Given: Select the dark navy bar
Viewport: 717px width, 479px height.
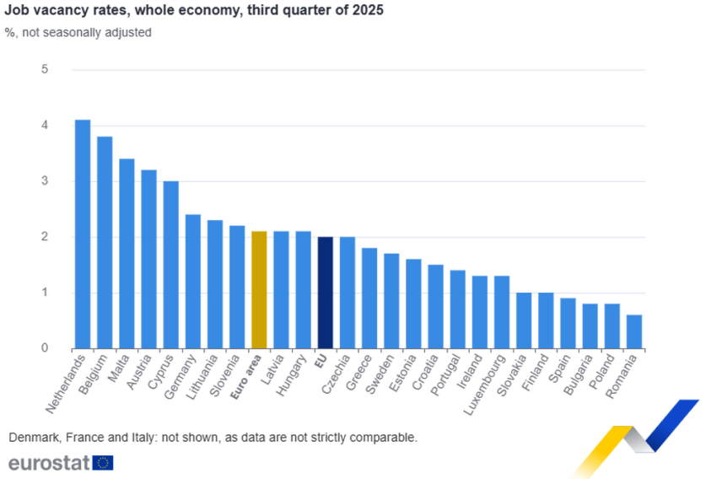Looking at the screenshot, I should point(326,291).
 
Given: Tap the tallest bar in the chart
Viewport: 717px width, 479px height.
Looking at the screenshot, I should point(82,233).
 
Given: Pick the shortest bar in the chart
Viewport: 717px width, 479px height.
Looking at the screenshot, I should point(634,330).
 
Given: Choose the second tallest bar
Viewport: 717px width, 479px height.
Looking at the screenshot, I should point(104,241).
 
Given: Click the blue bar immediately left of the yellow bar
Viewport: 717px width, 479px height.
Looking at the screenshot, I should point(237,286).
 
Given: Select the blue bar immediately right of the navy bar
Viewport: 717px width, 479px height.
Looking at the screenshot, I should point(347,291).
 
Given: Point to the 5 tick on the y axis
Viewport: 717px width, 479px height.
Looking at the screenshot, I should point(46,69).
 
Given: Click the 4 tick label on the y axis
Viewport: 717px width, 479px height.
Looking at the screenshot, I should point(46,126).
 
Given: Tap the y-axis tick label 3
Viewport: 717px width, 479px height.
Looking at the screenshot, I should point(46,181).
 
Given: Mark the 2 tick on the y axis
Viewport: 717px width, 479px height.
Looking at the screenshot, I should point(46,237).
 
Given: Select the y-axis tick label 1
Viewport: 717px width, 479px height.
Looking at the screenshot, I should point(46,293).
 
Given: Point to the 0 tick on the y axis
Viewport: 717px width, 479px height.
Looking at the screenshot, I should point(46,348).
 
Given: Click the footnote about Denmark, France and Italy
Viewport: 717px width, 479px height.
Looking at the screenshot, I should point(212,438).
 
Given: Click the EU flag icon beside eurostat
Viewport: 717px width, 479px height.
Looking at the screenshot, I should point(105,462).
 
